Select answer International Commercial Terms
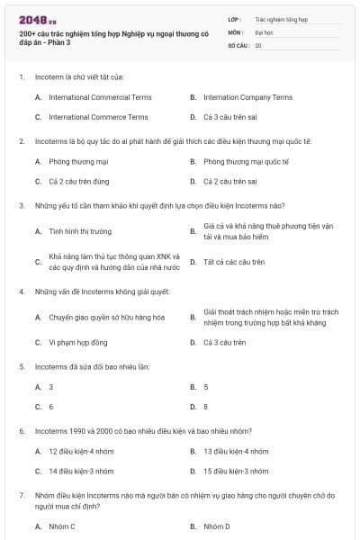coord(98,97)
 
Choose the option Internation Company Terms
coord(247,97)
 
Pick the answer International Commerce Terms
coord(98,117)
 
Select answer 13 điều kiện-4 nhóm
coord(235,451)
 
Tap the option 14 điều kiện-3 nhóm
coord(80,471)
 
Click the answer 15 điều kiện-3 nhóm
coord(235,471)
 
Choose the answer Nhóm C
coord(61,526)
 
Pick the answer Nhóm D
coord(216,526)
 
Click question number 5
coord(22,367)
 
